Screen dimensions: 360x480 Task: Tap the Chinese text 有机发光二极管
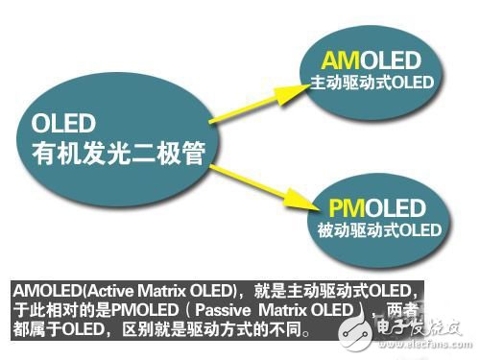click(114, 151)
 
